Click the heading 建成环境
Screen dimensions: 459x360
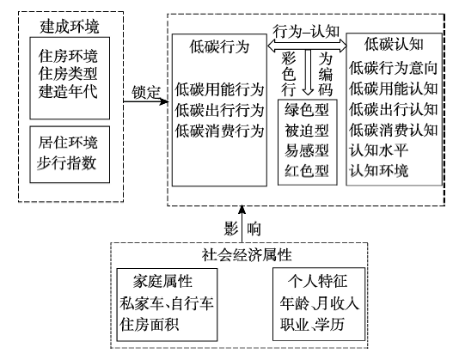tap(70, 27)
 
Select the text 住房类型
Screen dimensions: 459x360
tap(68, 74)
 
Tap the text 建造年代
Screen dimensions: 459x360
tap(68, 91)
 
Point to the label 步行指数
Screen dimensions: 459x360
tap(66, 162)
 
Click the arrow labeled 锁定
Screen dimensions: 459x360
tap(146, 101)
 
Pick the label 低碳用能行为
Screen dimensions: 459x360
tap(219, 89)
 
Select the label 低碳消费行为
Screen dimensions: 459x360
tap(219, 131)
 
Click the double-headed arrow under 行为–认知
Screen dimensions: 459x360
tap(307, 46)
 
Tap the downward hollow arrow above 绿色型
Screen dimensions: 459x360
tap(308, 72)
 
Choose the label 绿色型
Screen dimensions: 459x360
tap(307, 110)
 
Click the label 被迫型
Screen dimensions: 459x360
tap(307, 131)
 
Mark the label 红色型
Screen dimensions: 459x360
tap(307, 171)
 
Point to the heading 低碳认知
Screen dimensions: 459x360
tap(394, 45)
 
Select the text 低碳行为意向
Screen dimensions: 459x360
tap(393, 68)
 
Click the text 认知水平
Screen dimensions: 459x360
tap(378, 150)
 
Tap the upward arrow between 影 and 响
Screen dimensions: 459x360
tap(242, 223)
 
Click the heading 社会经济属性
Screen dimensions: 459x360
tap(247, 255)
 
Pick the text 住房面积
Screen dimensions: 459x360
tap(149, 324)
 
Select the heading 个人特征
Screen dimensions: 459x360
tap(318, 281)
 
